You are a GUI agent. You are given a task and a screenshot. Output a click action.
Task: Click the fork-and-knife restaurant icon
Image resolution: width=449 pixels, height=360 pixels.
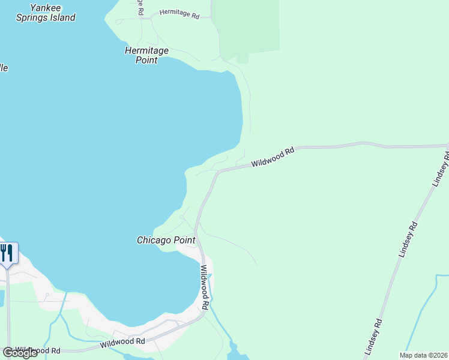point(7,252)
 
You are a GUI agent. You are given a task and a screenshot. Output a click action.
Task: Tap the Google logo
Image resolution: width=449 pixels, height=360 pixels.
point(20,352)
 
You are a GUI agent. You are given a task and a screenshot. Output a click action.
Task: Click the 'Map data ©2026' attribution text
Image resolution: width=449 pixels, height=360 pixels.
point(423,355)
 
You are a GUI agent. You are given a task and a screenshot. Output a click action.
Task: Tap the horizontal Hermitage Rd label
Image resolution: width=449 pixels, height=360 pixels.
point(179,13)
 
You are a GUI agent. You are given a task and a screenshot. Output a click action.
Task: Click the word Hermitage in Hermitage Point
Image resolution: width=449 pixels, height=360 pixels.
point(146,50)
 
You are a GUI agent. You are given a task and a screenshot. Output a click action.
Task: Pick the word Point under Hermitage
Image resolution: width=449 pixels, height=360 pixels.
point(146,60)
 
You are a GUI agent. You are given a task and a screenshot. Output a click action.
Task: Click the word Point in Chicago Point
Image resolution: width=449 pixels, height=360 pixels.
point(185,240)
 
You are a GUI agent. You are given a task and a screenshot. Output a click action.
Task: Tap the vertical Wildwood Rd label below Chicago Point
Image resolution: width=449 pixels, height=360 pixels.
point(205,287)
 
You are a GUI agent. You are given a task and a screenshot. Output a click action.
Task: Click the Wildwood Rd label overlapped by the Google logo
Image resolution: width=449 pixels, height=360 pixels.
point(38,350)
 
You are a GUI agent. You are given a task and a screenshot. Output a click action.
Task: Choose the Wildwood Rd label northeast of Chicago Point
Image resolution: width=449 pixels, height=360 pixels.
point(273,157)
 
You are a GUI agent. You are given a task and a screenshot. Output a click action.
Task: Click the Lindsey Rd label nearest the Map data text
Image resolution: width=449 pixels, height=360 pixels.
point(373,335)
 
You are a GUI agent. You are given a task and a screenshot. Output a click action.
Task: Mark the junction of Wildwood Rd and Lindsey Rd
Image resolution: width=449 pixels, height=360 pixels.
point(447,146)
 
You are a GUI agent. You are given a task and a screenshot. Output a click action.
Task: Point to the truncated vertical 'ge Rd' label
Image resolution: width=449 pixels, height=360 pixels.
point(140,7)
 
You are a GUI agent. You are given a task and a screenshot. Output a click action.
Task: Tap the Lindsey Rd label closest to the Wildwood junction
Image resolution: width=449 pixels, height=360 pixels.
point(441,169)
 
